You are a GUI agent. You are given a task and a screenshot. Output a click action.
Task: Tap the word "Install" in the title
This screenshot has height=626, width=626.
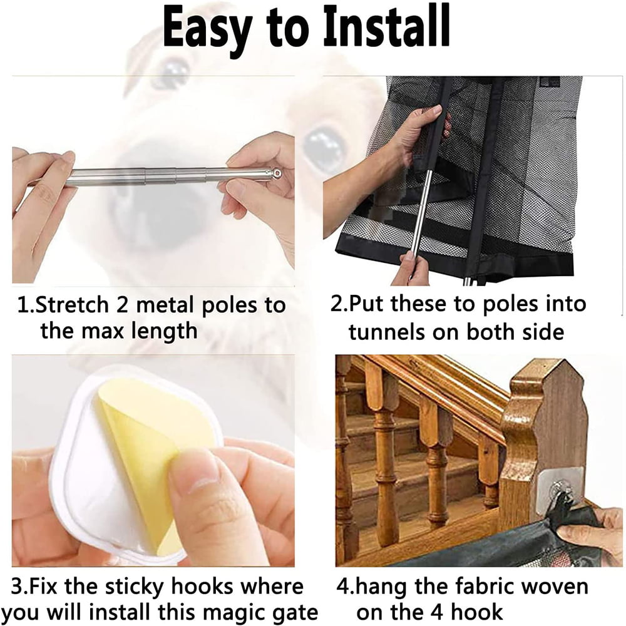[387, 25]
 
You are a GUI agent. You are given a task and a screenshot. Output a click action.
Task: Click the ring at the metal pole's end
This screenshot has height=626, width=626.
[276, 173]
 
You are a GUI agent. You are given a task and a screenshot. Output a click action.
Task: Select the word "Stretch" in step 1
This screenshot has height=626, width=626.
[71, 305]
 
